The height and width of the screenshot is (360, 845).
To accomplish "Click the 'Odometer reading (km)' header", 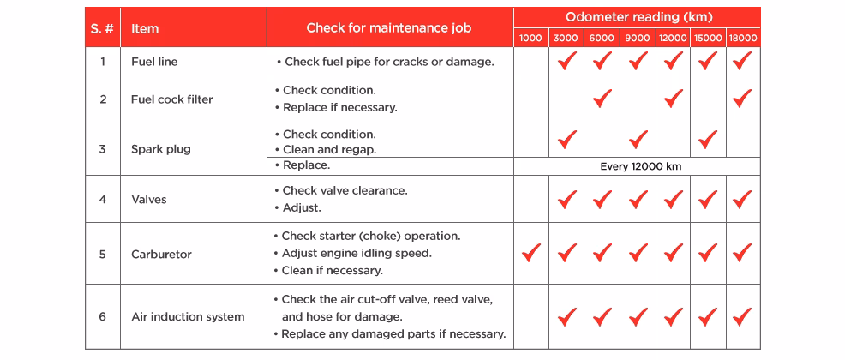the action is (x=638, y=17).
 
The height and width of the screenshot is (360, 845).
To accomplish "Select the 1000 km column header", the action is (x=530, y=39).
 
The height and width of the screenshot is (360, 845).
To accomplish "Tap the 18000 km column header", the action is (x=742, y=39).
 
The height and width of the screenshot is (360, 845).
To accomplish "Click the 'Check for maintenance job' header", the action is (x=389, y=28).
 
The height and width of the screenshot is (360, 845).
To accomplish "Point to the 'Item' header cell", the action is (x=145, y=28).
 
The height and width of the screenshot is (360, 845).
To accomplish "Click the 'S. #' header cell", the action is (x=102, y=28).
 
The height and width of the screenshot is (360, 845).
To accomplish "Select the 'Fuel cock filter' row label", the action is (x=171, y=99).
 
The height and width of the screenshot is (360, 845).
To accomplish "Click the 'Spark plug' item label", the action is (x=160, y=149).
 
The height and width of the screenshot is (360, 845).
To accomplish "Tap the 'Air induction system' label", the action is (x=188, y=316).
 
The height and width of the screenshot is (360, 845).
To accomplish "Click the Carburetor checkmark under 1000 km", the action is (x=531, y=253).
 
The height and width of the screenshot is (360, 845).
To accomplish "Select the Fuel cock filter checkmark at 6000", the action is (x=602, y=98).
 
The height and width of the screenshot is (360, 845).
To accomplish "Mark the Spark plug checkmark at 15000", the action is (x=707, y=139).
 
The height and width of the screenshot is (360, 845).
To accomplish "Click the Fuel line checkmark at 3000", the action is (x=566, y=61).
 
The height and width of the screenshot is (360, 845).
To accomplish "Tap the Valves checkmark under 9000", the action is (x=638, y=199).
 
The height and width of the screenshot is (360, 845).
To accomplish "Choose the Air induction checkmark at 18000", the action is (x=742, y=316).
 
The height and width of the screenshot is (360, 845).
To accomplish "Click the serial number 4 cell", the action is (x=103, y=200).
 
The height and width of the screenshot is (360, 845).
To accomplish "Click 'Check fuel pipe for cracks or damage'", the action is (x=388, y=62).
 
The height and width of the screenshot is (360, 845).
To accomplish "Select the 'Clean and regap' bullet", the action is (x=329, y=150).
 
